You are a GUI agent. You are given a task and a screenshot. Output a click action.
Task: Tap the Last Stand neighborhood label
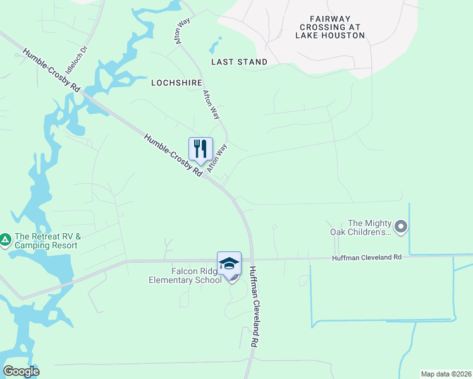click(239, 62)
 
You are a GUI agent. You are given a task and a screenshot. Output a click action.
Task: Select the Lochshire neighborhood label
click(175, 83)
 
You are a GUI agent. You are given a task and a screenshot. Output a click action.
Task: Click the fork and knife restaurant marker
click(200, 150)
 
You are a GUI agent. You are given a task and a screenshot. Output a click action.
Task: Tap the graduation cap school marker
click(229, 264)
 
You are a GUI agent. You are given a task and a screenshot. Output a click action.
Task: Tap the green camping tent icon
click(5, 239)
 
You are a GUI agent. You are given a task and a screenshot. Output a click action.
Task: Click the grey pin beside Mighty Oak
click(400, 226)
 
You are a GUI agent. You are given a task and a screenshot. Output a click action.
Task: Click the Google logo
click(21, 371)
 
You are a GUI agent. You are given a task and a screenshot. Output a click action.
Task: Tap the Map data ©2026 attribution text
click(446, 374)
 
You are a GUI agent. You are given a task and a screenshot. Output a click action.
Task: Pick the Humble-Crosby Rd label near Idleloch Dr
click(52, 70)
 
